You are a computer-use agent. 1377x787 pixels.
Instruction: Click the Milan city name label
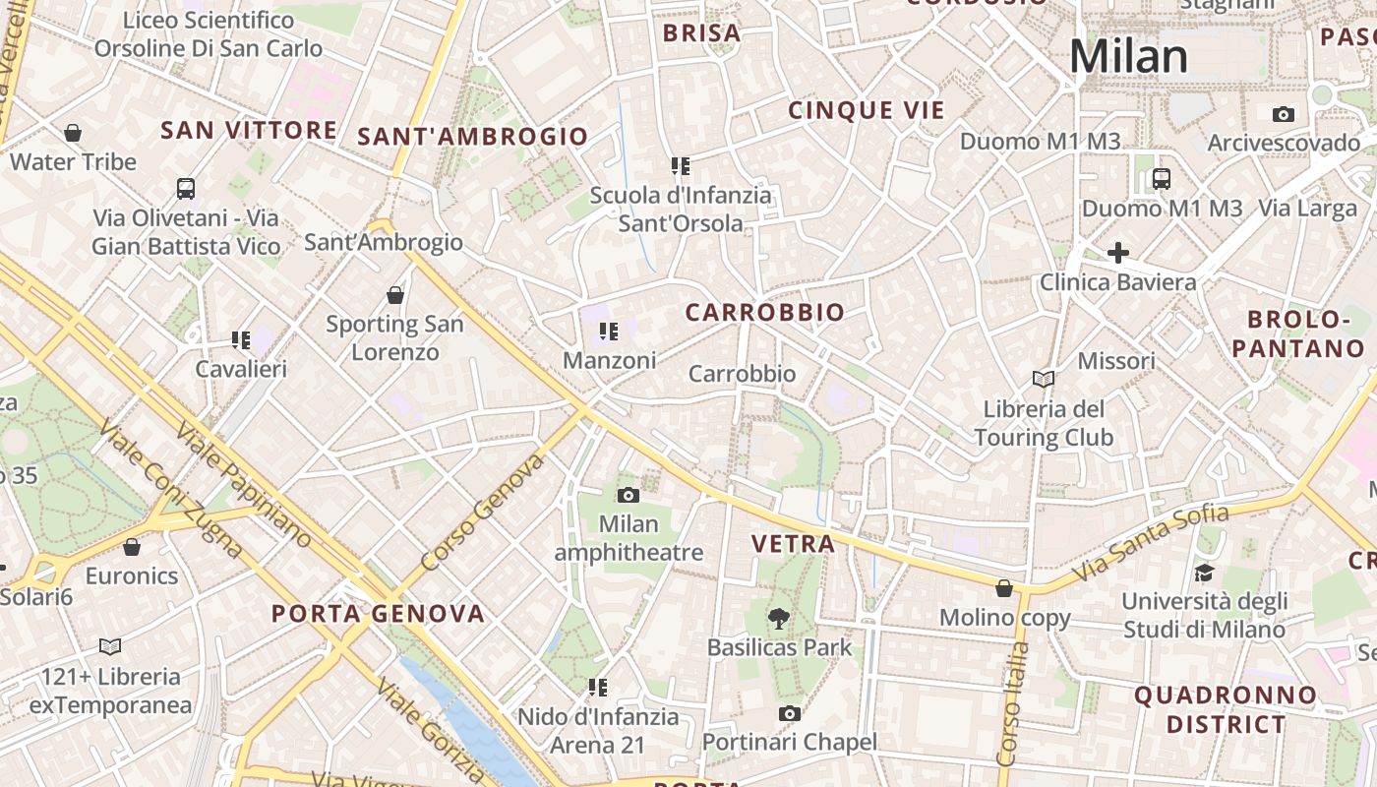(1128, 57)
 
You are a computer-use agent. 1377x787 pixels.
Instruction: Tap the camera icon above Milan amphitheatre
(629, 495)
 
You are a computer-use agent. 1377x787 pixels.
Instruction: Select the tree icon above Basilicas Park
(779, 619)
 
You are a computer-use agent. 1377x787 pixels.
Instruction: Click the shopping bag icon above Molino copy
(1004, 588)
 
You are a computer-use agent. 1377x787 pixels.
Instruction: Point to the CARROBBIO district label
(765, 313)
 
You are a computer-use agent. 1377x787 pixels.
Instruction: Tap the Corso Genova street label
(482, 513)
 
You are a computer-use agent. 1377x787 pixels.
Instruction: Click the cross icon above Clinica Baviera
(1118, 253)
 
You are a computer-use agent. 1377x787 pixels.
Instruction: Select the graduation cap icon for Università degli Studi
(1204, 573)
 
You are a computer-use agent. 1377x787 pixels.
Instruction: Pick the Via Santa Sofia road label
(1151, 542)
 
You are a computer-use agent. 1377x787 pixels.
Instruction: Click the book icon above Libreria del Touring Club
(1044, 379)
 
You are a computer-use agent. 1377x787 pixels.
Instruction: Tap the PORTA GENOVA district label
(379, 615)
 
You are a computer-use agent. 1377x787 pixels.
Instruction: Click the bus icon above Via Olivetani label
(186, 188)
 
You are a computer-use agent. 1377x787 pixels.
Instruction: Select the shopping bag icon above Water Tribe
(73, 133)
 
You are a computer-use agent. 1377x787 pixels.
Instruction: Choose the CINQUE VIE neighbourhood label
(867, 111)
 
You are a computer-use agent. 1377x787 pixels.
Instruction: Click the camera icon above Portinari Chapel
(789, 713)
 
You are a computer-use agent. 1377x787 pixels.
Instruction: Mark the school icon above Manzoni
(609, 332)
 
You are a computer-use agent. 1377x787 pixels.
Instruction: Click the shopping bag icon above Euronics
(132, 547)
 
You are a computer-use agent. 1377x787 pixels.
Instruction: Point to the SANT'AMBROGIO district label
(473, 137)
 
